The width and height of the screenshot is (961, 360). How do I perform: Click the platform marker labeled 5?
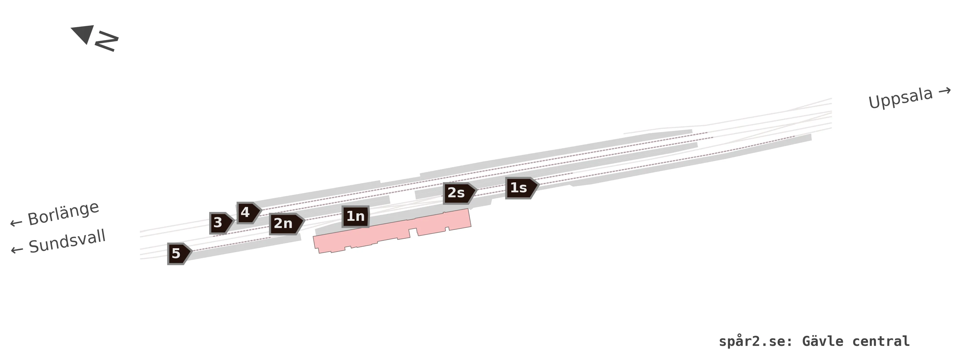click(x=179, y=254)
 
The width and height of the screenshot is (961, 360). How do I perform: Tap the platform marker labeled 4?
click(x=249, y=213)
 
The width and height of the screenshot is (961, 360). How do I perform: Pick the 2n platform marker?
click(x=286, y=224)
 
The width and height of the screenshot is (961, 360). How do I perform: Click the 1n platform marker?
click(x=356, y=216)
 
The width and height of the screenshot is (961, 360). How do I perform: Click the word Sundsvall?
click(x=67, y=241)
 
